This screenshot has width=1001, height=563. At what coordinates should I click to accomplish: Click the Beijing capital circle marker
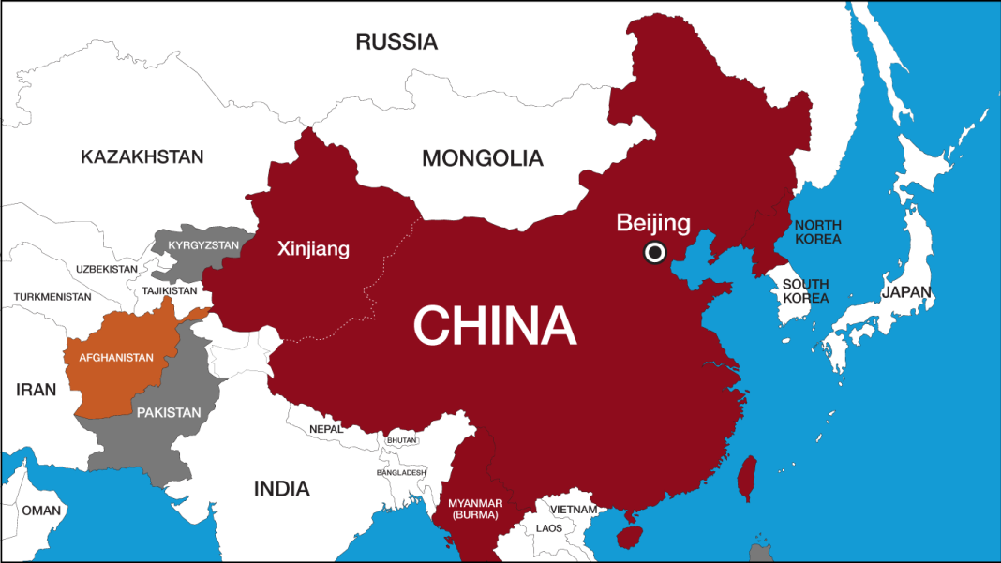tap(654, 252)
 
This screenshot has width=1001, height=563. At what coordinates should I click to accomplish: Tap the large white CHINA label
tap(495, 325)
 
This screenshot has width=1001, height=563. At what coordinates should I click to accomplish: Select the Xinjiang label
tap(313, 249)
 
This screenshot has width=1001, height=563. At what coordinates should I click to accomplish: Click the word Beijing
tap(653, 223)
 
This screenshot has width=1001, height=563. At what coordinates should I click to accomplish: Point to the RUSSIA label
tap(396, 41)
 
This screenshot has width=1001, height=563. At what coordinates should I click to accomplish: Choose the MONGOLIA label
tap(482, 158)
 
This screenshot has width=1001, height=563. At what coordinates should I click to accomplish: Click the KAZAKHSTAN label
tap(142, 156)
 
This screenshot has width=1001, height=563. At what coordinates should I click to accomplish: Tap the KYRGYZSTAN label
tap(203, 245)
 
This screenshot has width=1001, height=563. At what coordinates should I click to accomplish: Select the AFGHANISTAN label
tap(116, 358)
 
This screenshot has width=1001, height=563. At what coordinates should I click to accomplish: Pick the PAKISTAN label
tap(169, 412)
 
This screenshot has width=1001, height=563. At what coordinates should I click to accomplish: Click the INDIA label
tap(281, 488)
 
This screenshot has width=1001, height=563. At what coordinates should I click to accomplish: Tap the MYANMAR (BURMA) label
tap(475, 509)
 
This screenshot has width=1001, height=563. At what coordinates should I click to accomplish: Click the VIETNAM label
tap(573, 510)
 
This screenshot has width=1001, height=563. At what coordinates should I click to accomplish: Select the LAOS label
tap(549, 528)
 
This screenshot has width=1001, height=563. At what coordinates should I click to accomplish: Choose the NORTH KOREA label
tap(817, 231)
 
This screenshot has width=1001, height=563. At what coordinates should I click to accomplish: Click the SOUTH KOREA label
tap(806, 290)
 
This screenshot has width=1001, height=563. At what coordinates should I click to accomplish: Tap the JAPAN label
tap(906, 292)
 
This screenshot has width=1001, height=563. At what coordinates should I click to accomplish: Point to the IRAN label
tap(36, 390)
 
